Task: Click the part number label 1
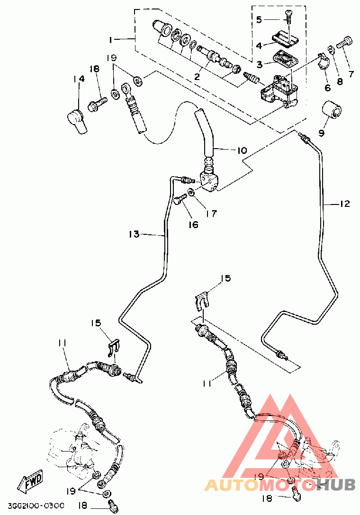[111, 40]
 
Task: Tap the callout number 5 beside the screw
[259, 20]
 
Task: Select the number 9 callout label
[321, 133]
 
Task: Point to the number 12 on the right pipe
[344, 204]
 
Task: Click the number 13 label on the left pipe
[134, 234]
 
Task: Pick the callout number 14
[79, 79]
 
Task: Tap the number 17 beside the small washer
[212, 213]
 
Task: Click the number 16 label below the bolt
[193, 225]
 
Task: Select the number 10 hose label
[242, 151]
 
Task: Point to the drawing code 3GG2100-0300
[36, 505]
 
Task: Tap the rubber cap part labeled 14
[77, 121]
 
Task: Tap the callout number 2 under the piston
[197, 77]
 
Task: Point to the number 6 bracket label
[327, 88]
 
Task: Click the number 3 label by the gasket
[260, 65]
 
